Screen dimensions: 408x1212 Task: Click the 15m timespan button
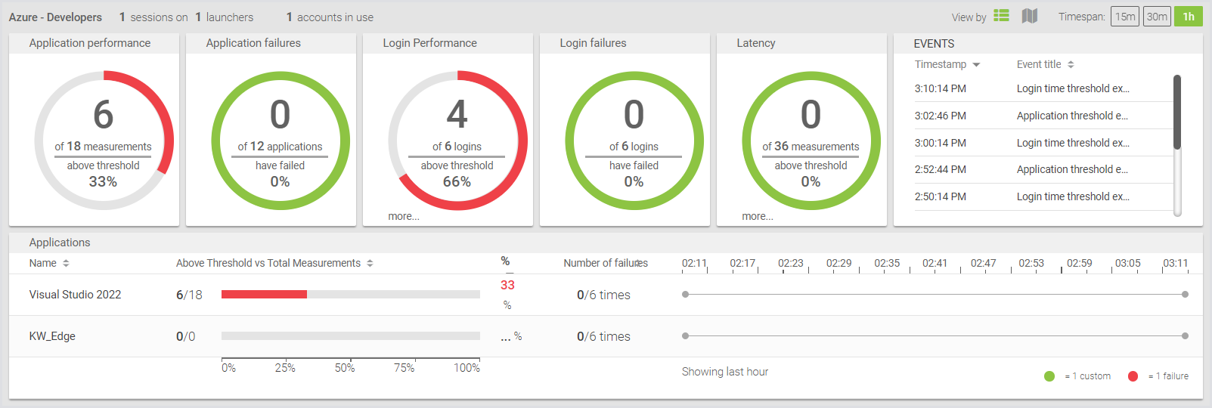(1125, 17)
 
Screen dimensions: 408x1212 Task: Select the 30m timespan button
(1157, 17)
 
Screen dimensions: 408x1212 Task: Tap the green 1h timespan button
(1188, 17)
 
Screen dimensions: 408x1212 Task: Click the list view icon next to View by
(1001, 16)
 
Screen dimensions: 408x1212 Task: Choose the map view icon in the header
(1029, 16)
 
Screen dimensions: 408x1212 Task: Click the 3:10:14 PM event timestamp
(940, 88)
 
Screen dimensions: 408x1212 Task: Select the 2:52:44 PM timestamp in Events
(940, 169)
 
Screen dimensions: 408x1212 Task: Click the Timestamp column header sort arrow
(976, 65)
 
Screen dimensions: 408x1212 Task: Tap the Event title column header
(1039, 64)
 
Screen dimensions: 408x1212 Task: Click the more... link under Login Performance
(404, 216)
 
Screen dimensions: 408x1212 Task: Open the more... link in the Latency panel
(757, 216)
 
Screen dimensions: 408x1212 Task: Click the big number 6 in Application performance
(103, 115)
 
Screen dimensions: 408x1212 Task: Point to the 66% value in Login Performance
(457, 181)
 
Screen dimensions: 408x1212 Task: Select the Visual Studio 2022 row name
(75, 295)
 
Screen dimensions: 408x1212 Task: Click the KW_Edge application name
(52, 336)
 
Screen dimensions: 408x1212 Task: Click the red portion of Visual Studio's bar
(264, 294)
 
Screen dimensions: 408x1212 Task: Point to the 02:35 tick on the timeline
(887, 264)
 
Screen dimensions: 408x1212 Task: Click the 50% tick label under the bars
(345, 368)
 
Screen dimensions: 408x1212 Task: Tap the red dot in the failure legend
(1133, 376)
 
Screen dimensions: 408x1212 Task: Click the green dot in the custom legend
(1049, 376)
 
